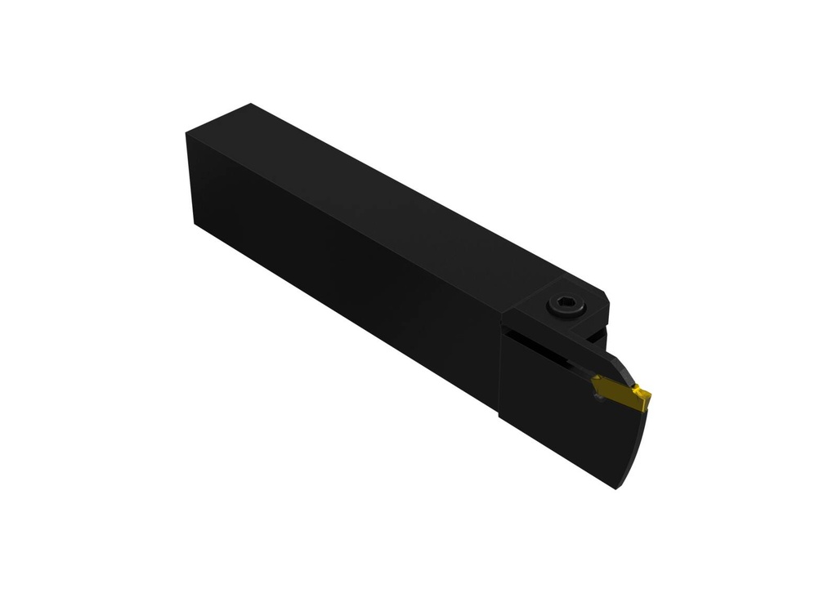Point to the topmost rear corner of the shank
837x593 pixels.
(x=251, y=104)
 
